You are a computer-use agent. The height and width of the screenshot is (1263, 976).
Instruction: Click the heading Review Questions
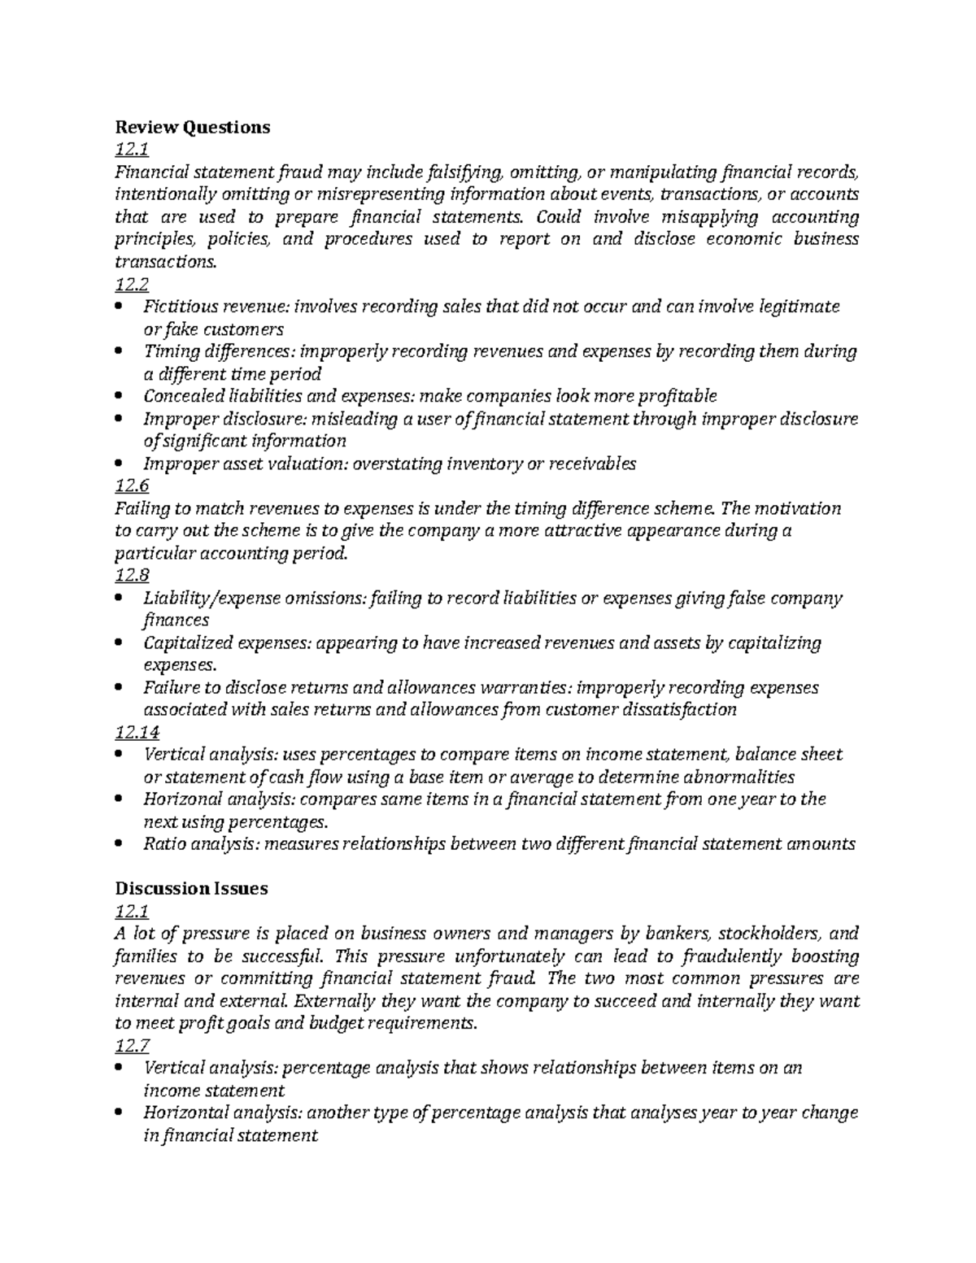click(192, 127)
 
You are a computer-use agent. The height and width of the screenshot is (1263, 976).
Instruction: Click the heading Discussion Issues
click(191, 888)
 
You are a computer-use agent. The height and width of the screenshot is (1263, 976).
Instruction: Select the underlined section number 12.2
click(133, 284)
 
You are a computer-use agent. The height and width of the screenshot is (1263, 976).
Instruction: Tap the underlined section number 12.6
click(133, 486)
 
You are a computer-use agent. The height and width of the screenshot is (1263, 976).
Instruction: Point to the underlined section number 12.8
click(133, 575)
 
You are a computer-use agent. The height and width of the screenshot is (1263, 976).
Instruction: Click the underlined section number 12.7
click(133, 1045)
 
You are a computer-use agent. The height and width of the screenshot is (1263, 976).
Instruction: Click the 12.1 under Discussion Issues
click(133, 911)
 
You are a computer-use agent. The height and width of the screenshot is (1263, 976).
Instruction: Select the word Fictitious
click(174, 307)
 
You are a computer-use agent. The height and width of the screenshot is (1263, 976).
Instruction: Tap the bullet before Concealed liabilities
click(120, 397)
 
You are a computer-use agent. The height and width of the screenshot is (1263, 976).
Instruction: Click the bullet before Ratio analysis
click(120, 844)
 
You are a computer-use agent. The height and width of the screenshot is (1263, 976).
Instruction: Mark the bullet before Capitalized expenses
click(120, 643)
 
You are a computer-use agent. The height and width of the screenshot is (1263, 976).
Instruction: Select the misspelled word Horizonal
click(179, 799)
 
